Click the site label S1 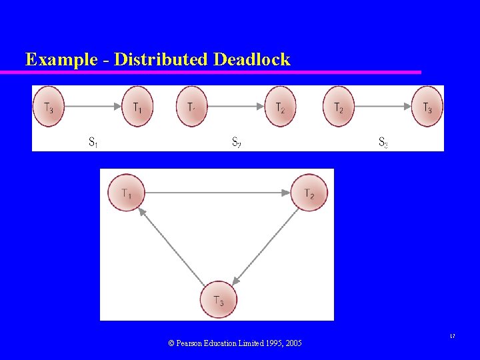pyautogui.click(x=94, y=141)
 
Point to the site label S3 pyautogui.click(x=383, y=141)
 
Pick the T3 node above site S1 pyautogui.click(x=48, y=106)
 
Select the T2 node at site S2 pyautogui.click(x=280, y=106)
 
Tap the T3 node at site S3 pyautogui.click(x=427, y=106)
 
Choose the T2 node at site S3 pyautogui.click(x=339, y=106)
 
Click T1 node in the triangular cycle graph pyautogui.click(x=126, y=193)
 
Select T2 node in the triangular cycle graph pyautogui.click(x=309, y=193)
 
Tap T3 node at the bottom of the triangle pyautogui.click(x=219, y=301)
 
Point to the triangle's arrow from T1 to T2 pyautogui.click(x=217, y=193)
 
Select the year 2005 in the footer pyautogui.click(x=292, y=343)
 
